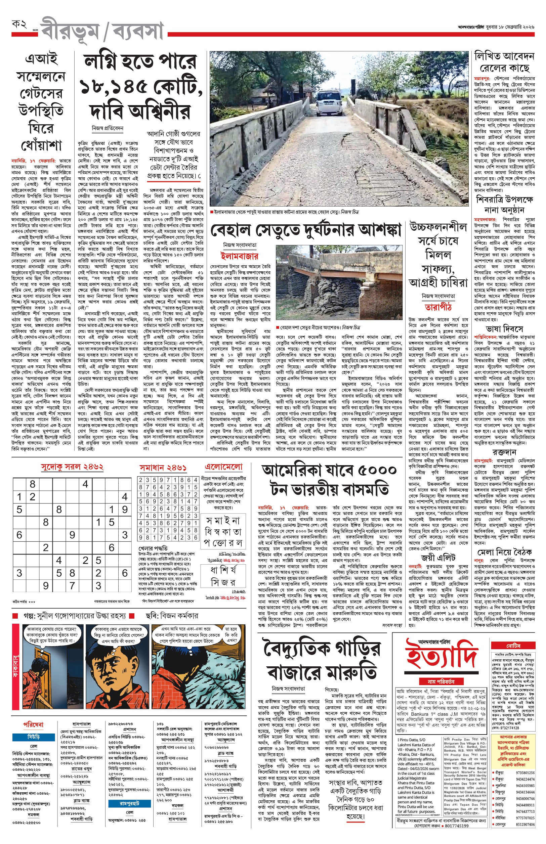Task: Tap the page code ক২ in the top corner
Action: pyautogui.click(x=19, y=25)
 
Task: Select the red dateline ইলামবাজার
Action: pyautogui.click(x=239, y=256)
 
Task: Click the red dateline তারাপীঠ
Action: pyautogui.click(x=438, y=307)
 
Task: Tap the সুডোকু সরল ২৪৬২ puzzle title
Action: pyautogui.click(x=72, y=467)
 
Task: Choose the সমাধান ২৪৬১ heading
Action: pyautogui.click(x=163, y=468)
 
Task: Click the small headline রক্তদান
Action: pyautogui.click(x=504, y=452)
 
